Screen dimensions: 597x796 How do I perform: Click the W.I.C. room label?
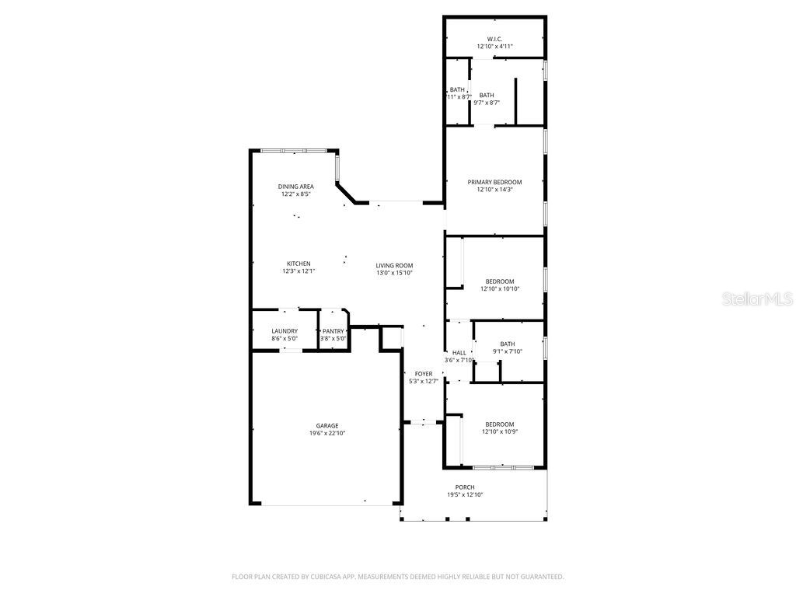[x=494, y=39]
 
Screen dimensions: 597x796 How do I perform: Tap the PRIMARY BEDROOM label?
[x=494, y=182]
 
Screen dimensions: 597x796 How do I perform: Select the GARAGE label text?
[x=326, y=425]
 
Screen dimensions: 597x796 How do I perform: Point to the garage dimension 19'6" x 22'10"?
[x=326, y=433]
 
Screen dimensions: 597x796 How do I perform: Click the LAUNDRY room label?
[x=285, y=331]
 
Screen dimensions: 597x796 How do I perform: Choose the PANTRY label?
[x=333, y=331]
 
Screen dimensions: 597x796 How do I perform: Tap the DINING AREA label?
[x=296, y=187]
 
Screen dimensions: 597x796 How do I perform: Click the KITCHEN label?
[x=298, y=264]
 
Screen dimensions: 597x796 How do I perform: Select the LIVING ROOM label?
[x=394, y=265]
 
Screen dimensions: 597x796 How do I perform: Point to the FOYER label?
[x=424, y=374]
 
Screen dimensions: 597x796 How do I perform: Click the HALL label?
[x=459, y=352]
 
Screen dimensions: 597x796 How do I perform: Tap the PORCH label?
[x=465, y=487]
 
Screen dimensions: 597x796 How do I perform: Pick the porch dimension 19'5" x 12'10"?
[x=465, y=495]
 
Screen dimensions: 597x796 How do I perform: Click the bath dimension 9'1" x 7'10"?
[x=508, y=351]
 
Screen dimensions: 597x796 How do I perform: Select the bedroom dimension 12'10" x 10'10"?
[x=500, y=288]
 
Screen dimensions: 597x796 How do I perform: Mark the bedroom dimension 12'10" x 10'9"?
[x=500, y=432]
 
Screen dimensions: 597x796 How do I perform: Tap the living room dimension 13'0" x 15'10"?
[x=394, y=273]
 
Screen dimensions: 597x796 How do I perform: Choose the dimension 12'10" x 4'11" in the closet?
[x=494, y=47]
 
